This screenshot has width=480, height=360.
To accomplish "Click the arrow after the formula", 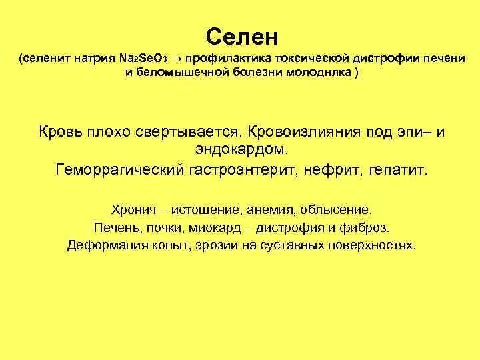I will coord(183,59).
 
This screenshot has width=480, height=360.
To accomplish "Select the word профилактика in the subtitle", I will coord(226,59).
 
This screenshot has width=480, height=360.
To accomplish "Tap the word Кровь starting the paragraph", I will coord(60,131).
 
